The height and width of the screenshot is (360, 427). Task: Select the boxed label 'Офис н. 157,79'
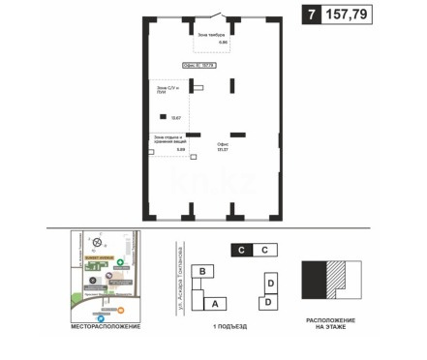tap(198, 66)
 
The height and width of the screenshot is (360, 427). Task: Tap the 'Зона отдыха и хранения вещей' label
tap(168, 141)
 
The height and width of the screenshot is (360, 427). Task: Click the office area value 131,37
tap(223, 150)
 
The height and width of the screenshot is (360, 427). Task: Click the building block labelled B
tap(202, 272)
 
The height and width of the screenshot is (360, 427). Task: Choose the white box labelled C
tap(263, 249)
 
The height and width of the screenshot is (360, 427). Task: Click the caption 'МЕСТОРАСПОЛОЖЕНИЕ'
tap(106, 328)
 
